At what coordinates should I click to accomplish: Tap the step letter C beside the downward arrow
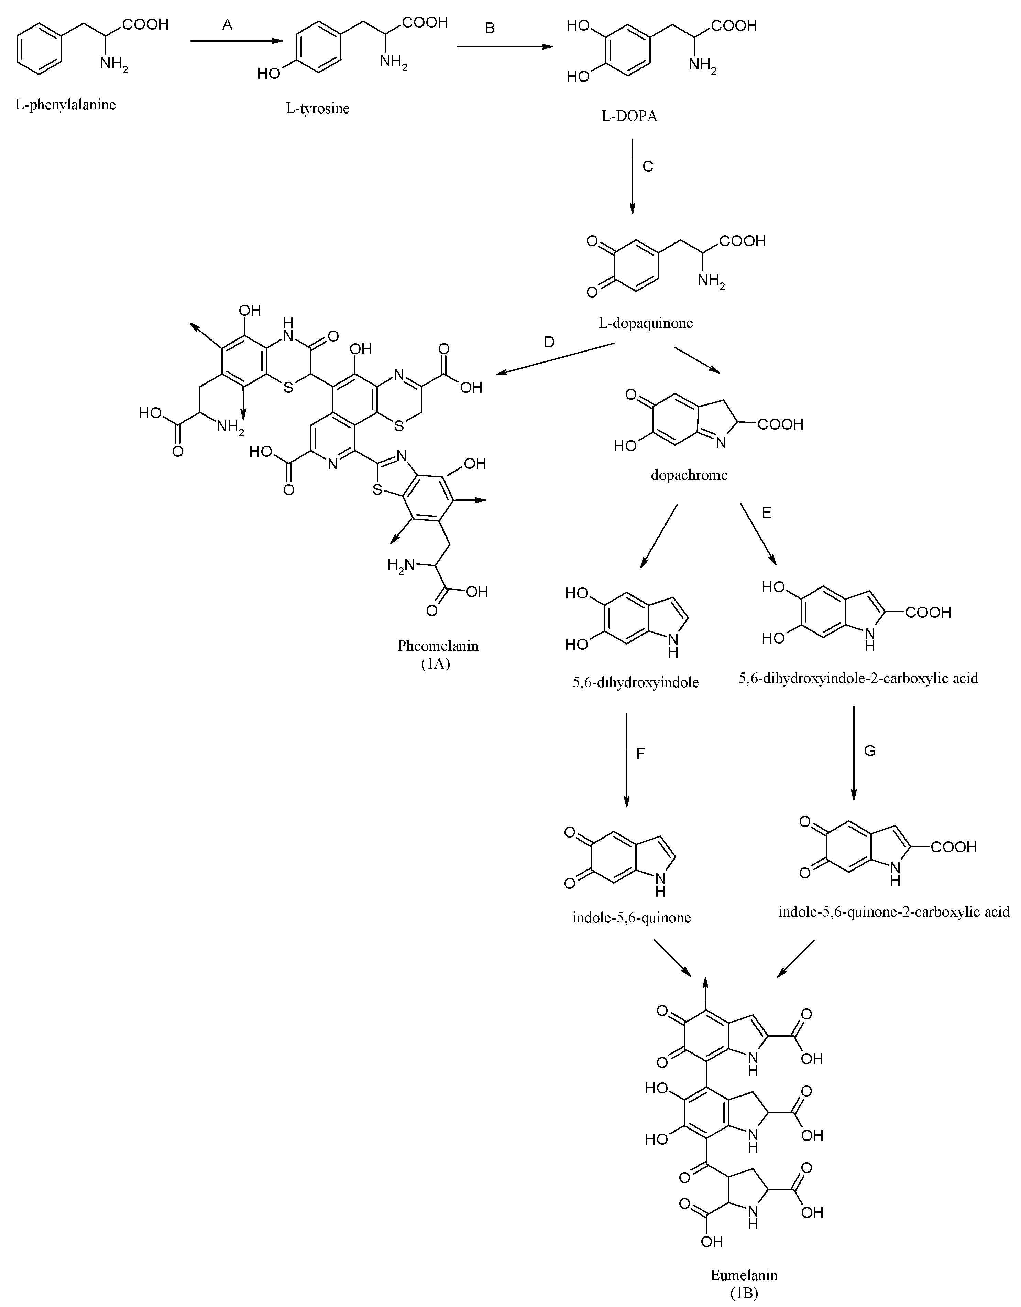click(648, 166)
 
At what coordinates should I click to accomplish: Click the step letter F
click(640, 754)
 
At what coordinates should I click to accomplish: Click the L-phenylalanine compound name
click(66, 105)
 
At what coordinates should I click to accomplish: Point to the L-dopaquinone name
click(646, 323)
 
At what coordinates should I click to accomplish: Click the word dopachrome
click(689, 475)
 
